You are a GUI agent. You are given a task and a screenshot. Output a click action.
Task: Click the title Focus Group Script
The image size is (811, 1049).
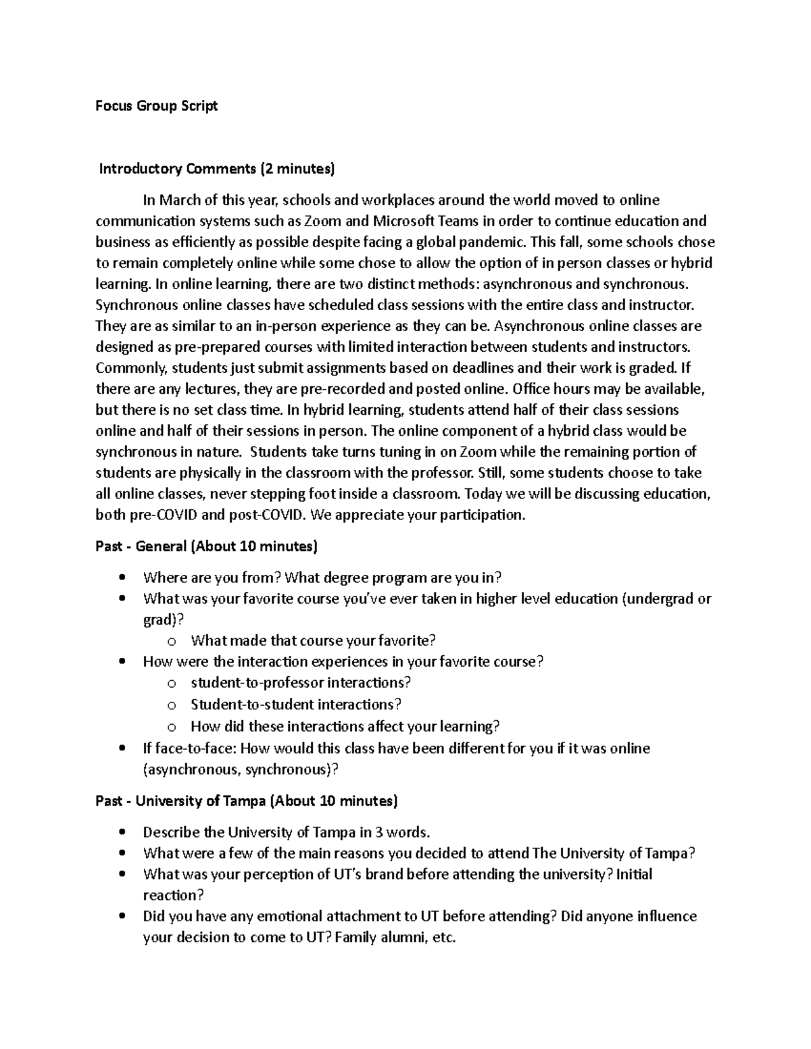click(156, 106)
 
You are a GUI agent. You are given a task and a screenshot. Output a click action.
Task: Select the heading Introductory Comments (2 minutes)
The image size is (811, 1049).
click(216, 169)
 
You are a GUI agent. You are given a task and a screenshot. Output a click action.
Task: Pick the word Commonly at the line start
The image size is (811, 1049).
click(131, 368)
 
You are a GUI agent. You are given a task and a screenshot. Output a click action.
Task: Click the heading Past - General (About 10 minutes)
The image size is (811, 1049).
click(206, 546)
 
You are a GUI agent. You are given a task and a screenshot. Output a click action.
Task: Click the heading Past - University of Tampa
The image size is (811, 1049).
click(247, 801)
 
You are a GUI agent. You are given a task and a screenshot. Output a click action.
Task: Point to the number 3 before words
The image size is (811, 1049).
click(379, 832)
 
